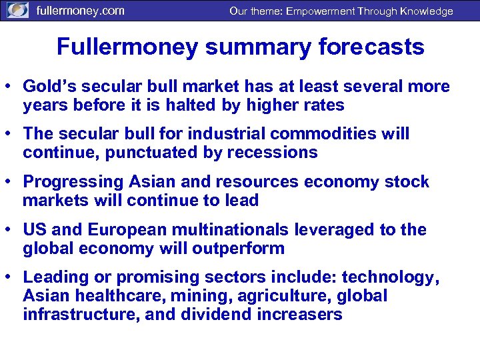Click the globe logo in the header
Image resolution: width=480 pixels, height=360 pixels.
(x=17, y=11)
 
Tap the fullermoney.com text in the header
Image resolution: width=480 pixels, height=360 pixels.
(x=80, y=11)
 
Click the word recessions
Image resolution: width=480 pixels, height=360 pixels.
(x=272, y=153)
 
